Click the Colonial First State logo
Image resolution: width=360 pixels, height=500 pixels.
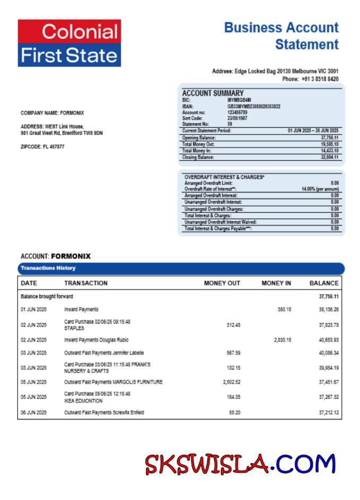(x=69, y=43)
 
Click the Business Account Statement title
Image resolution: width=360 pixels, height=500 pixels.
(x=281, y=36)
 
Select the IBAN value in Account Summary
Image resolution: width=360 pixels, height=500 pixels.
(x=254, y=106)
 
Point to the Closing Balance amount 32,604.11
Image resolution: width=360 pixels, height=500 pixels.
(x=329, y=157)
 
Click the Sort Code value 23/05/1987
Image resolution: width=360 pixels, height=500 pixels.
(x=237, y=118)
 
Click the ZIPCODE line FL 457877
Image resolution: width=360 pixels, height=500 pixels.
(x=42, y=147)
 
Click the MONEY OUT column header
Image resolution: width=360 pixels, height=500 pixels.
(x=222, y=283)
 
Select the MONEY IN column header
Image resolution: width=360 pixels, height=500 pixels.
(x=276, y=283)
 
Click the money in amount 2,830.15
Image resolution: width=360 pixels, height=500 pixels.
(x=282, y=340)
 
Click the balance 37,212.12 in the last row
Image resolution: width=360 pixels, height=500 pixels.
(x=329, y=412)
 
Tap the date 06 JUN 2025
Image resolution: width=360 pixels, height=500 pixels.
(x=33, y=412)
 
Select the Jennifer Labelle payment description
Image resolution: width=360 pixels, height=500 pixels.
(x=104, y=352)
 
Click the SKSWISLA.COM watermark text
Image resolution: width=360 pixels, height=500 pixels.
(x=241, y=464)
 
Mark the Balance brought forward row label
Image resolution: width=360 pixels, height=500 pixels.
(x=47, y=296)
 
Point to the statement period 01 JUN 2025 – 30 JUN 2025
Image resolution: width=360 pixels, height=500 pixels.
(x=313, y=130)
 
